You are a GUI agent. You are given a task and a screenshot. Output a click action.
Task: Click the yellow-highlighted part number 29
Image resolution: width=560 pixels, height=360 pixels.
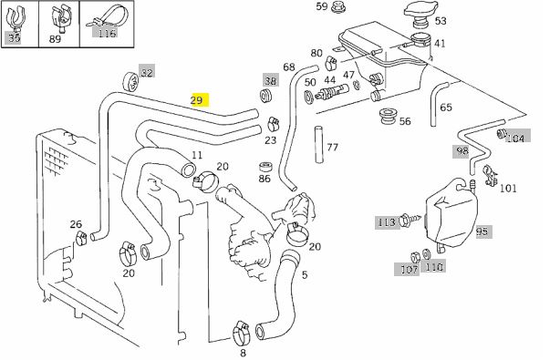pyautogui.click(x=197, y=100)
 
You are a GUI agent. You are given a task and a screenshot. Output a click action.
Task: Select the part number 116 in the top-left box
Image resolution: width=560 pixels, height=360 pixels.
pyautogui.click(x=107, y=35)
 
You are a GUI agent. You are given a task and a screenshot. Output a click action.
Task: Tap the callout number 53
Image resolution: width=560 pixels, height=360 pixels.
pyautogui.click(x=441, y=20)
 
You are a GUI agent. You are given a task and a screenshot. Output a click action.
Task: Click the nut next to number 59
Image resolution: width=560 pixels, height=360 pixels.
pyautogui.click(x=338, y=8)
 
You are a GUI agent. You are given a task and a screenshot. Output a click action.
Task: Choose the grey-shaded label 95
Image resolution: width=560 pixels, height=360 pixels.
pyautogui.click(x=482, y=231)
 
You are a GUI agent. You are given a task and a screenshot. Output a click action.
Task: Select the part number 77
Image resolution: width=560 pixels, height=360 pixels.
pyautogui.click(x=332, y=146)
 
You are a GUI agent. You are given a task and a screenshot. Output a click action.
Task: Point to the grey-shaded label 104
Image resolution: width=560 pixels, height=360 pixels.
pyautogui.click(x=515, y=138)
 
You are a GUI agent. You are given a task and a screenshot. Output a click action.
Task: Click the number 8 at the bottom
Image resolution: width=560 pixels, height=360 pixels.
pyautogui.click(x=243, y=352)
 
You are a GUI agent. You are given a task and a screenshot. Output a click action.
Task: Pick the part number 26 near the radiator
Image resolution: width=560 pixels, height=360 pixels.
pyautogui.click(x=77, y=224)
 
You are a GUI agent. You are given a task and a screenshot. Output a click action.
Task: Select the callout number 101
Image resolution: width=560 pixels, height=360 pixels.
pyautogui.click(x=508, y=189)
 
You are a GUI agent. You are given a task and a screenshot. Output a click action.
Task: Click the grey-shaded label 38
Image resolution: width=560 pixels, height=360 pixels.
pyautogui.click(x=270, y=79)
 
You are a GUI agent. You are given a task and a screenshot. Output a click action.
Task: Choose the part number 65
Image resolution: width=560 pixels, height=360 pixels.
pyautogui.click(x=446, y=108)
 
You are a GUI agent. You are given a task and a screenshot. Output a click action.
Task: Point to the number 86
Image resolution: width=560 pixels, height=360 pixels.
pyautogui.click(x=264, y=179)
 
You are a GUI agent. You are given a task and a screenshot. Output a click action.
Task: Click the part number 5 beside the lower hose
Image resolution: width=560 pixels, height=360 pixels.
pyautogui.click(x=305, y=273)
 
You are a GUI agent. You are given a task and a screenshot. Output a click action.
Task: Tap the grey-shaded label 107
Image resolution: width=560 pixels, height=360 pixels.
pyautogui.click(x=407, y=268)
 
